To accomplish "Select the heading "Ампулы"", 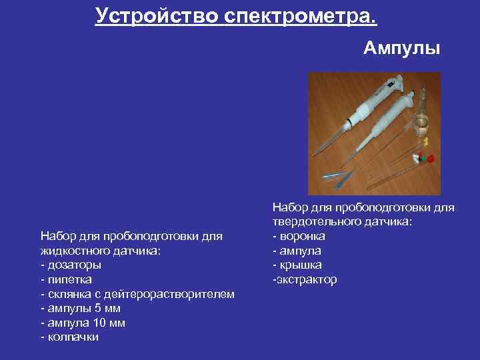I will click(x=402, y=49).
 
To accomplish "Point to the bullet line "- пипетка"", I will click(x=67, y=279).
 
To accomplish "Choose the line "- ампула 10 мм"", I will click(x=83, y=323).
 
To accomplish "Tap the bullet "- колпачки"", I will click(x=70, y=337).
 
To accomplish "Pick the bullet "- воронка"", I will click(x=299, y=236).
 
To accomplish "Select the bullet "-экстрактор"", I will click(x=305, y=279).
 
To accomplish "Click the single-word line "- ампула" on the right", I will click(x=297, y=251).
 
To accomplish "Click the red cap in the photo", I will click(x=430, y=159).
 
